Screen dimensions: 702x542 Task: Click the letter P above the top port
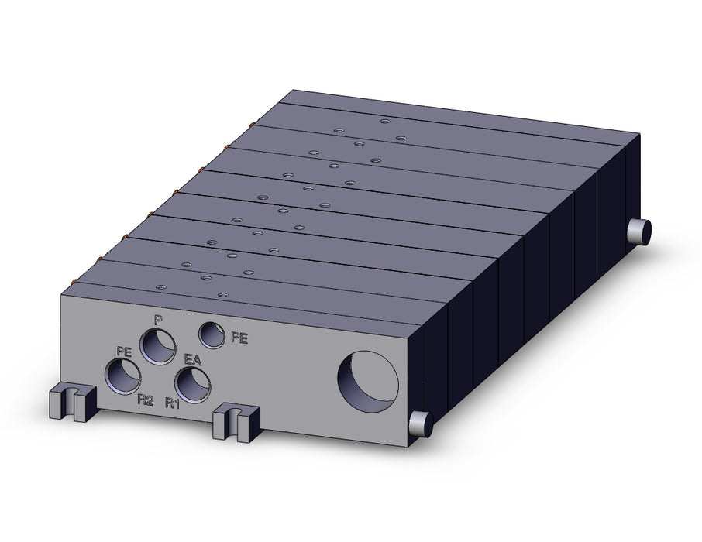click(157, 320)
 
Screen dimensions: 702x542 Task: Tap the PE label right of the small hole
click(239, 338)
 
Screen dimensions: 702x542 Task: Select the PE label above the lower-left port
click(124, 351)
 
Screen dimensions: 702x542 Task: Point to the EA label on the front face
click(193, 360)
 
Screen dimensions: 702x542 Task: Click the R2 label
click(146, 400)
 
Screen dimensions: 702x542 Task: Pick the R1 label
click(172, 403)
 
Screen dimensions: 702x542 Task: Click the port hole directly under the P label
click(157, 346)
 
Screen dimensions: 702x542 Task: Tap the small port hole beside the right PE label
click(212, 334)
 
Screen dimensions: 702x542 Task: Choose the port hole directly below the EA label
click(193, 386)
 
